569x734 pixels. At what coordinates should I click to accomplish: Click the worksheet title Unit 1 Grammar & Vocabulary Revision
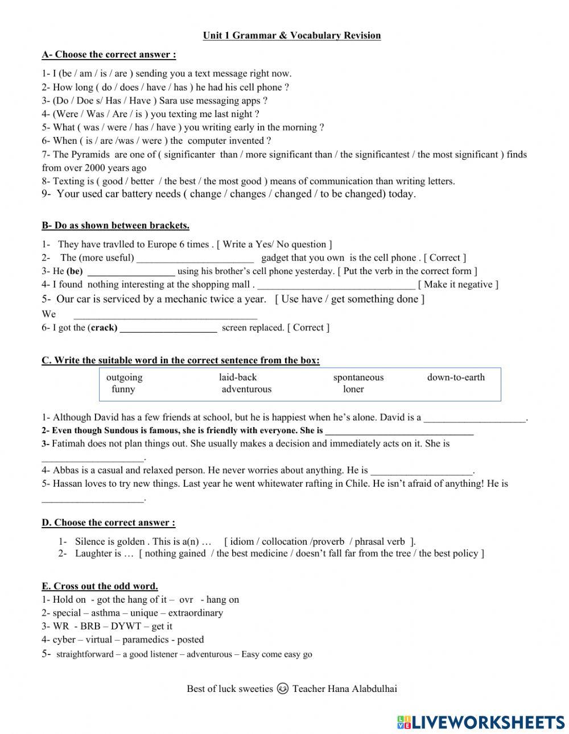(292, 35)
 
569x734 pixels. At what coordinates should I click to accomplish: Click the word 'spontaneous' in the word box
(358, 378)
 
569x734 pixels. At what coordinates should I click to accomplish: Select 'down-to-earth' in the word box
(456, 378)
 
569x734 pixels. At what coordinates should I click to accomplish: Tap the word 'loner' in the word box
(353, 389)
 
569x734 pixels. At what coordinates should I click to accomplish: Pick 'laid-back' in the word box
(238, 378)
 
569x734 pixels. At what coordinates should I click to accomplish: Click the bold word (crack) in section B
(102, 327)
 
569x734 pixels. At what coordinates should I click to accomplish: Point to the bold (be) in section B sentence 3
(75, 271)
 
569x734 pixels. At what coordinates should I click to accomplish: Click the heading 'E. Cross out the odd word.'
(100, 586)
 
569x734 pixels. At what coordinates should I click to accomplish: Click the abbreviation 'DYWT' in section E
(126, 626)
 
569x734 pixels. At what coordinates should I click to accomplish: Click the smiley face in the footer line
(282, 689)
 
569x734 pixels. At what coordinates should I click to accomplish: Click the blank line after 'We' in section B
(165, 314)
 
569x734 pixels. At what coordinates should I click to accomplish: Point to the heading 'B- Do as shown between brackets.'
(116, 226)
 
